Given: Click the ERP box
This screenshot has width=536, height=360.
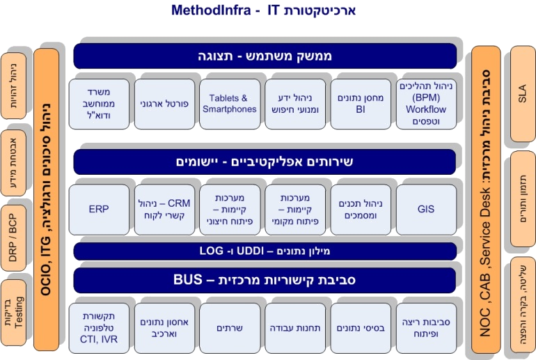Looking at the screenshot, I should (99, 209).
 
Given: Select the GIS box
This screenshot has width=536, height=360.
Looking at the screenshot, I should (426, 209).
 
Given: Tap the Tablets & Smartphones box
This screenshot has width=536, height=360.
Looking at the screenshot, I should (230, 104).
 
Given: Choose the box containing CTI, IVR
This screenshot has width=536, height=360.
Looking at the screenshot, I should (99, 328).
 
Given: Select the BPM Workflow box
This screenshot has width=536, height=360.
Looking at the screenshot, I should (426, 104).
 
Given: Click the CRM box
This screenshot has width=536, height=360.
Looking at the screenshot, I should (164, 209).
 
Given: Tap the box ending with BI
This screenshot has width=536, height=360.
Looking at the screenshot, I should (361, 104).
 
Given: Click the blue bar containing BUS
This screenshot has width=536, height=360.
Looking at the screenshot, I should (265, 281).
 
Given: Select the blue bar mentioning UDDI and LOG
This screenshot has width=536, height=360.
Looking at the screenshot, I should (265, 251).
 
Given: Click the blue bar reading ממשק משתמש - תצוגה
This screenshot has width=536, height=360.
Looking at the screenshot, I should (265, 56).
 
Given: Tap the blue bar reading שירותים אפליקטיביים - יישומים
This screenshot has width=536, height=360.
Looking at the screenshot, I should (265, 162).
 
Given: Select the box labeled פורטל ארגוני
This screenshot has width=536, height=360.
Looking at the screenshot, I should (164, 104).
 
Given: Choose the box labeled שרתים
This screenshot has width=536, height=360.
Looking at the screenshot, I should (230, 328).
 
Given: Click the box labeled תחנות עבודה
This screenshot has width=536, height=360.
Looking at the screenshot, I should (295, 328).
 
